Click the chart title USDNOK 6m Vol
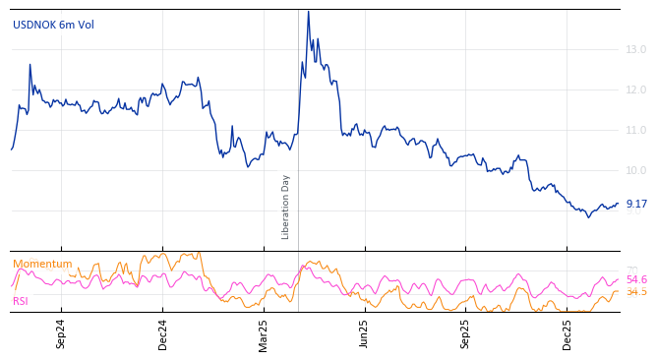coord(53,25)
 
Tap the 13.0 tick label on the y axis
coord(636,49)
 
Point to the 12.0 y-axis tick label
coord(636,90)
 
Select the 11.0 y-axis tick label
coord(636,130)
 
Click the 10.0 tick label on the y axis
coord(636,170)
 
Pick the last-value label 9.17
coord(636,204)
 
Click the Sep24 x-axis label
coord(61,333)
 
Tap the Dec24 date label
coord(163,333)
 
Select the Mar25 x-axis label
coord(264,333)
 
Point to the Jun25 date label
coord(364,333)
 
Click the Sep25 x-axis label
coord(466,333)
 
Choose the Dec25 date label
coord(567,333)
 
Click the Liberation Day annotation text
coord(286,207)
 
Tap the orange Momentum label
coord(42,264)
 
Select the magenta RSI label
coord(21,301)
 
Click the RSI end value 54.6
coord(636,279)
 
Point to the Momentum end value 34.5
coord(636,291)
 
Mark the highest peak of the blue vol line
coord(308,12)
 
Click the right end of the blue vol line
coord(619,204)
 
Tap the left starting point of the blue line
coord(11,150)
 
